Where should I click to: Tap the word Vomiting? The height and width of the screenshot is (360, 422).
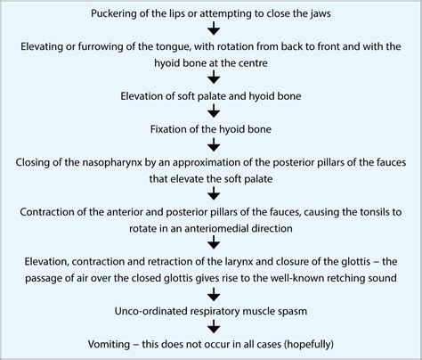tap(134, 343)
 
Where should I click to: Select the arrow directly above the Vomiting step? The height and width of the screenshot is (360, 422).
tap(212, 329)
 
